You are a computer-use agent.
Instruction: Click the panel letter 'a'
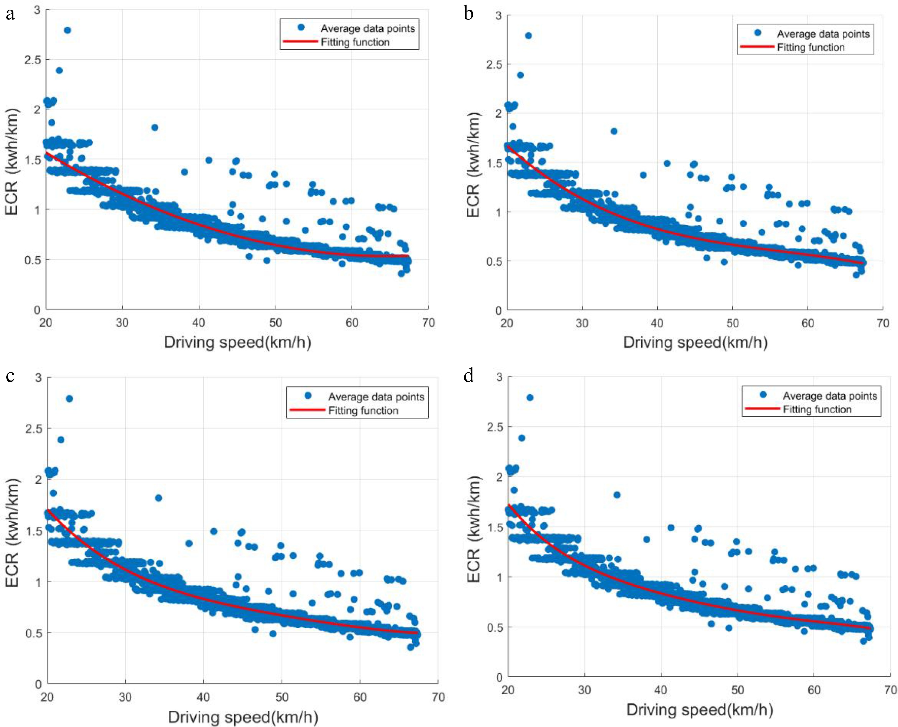click(10, 15)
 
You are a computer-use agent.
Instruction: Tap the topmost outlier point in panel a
click(67, 30)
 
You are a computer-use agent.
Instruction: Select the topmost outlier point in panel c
click(69, 398)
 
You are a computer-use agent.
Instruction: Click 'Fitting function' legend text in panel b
click(811, 47)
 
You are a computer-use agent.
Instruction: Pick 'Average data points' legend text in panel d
click(829, 396)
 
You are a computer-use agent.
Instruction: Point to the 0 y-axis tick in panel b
click(498, 310)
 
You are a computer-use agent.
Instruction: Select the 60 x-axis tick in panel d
click(814, 690)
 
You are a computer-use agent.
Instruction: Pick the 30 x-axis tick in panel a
click(122, 323)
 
